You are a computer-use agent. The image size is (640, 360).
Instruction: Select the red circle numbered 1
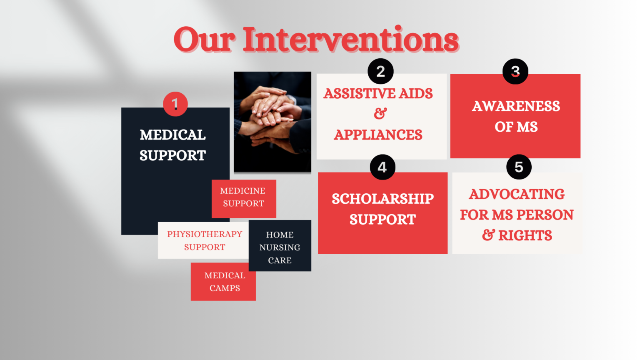[175, 104]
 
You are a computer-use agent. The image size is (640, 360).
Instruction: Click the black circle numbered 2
[380, 71]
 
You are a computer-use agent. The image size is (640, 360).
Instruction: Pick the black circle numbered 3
[515, 71]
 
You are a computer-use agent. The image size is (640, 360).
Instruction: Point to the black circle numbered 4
[382, 167]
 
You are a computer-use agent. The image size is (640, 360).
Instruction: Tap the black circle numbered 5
[519, 167]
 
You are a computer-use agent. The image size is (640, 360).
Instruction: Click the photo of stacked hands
[272, 122]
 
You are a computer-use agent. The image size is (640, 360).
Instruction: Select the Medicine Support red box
[244, 198]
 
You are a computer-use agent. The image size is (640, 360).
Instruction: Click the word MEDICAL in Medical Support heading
[172, 135]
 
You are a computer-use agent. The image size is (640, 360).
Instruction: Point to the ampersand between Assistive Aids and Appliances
[380, 113]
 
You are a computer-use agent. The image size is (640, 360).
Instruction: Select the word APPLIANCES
[378, 135]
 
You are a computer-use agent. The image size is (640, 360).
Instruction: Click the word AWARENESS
[516, 106]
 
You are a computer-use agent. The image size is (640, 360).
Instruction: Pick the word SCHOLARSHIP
[382, 199]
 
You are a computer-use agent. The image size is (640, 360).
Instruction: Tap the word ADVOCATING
[517, 194]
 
